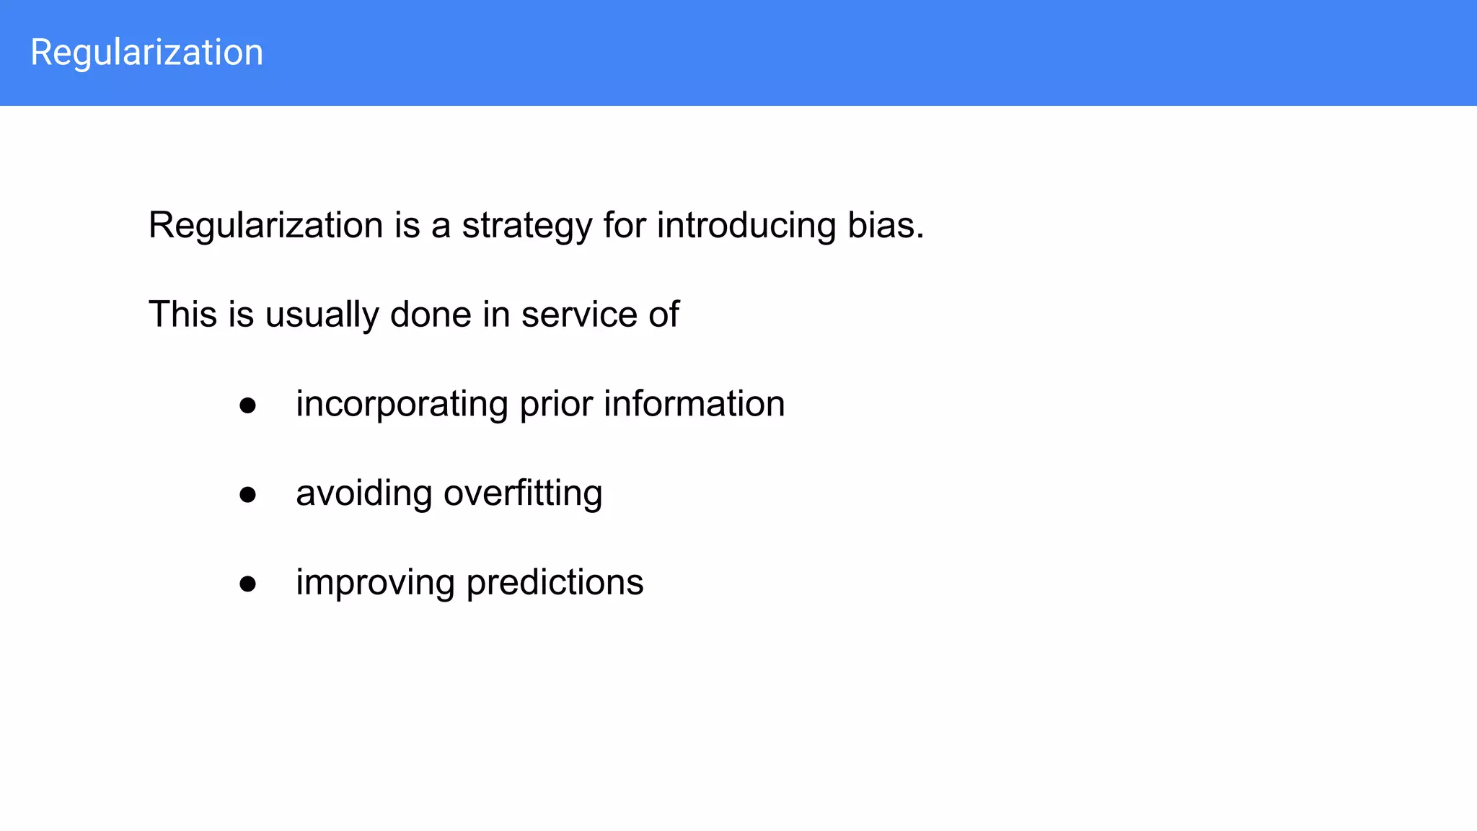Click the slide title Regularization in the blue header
[146, 53]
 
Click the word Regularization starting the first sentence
[265, 226]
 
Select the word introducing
[746, 226]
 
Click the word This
[182, 315]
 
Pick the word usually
[322, 315]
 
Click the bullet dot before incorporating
[248, 405]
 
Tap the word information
[694, 404]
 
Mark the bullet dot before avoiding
[248, 495]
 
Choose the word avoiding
[363, 494]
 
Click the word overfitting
[523, 494]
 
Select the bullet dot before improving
[248, 584]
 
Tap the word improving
[375, 584]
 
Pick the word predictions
[555, 584]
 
